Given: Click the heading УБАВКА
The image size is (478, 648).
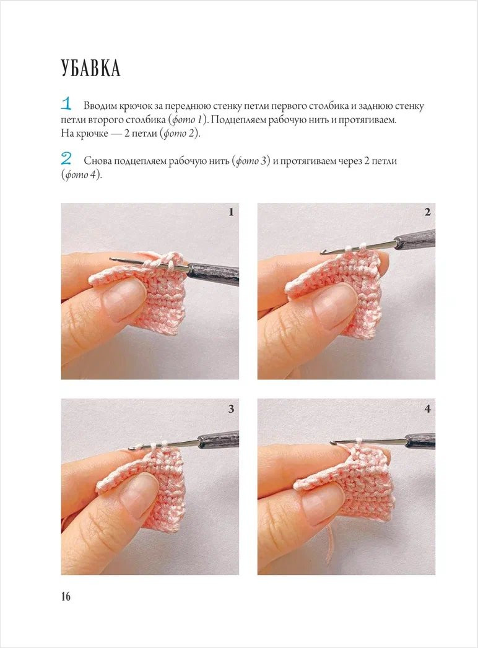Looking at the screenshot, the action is tap(90, 68).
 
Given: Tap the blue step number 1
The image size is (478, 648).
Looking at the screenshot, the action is tap(66, 103).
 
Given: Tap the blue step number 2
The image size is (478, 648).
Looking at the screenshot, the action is tap(66, 158).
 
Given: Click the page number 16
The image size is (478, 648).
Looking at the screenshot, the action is tap(66, 597).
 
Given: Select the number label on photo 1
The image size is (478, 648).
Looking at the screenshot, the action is tap(231, 212).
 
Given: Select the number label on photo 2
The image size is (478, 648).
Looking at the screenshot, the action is tap(428, 212).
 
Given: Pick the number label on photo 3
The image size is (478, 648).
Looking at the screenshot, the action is tap(231, 409).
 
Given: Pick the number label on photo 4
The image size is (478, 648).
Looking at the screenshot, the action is tap(428, 409).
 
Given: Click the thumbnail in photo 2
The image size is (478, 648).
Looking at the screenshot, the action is tap(334, 306).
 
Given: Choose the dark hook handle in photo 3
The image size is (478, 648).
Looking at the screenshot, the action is tap(218, 439).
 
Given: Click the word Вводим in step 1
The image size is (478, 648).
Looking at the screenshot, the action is tap(100, 106).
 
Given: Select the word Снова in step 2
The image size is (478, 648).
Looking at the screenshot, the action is tap(97, 161).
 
